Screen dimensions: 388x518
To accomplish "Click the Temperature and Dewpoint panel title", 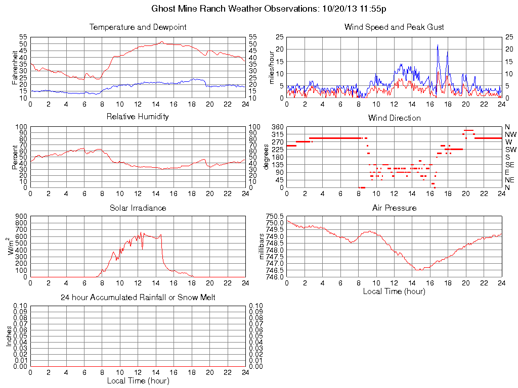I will coord(138,27).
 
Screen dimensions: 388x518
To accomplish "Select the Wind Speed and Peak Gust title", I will coord(394,27).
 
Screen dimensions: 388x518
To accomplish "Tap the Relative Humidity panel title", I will coord(138,117).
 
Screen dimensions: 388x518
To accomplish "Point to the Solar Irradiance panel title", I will coord(138,208).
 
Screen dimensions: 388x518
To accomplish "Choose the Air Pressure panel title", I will coord(394,208).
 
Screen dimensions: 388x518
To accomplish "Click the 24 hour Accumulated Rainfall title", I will coord(138,298).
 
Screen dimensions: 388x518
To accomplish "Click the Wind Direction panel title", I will coord(394,118).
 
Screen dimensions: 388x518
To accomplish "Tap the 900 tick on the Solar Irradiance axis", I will coord(21,216).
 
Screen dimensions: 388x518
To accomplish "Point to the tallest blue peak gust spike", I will coord(438,45).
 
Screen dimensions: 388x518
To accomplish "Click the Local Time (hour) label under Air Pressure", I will coord(394,291).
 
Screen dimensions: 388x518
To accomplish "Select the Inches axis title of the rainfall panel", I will coord(9,336).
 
